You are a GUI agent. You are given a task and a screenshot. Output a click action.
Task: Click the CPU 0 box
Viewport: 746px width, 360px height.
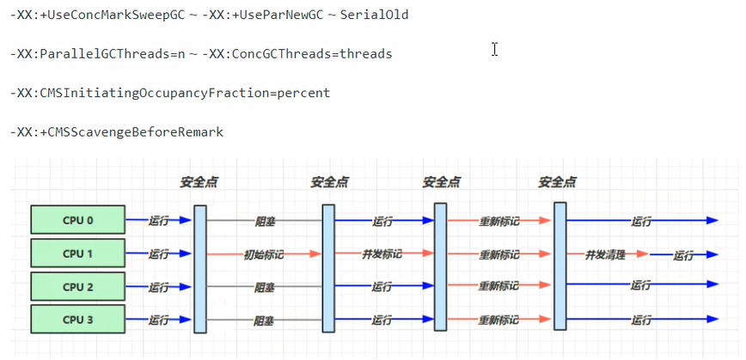coord(78,220)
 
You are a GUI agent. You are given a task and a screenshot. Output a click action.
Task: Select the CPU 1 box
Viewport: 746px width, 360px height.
coord(78,253)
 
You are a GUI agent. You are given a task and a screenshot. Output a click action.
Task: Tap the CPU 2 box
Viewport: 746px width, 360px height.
coord(78,286)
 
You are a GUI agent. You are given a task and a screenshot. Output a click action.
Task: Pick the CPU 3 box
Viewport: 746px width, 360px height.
coord(78,319)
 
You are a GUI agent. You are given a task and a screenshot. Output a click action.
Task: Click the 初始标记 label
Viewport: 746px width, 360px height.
coord(264,254)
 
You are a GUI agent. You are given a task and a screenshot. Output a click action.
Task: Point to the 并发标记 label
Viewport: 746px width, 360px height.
coord(382,254)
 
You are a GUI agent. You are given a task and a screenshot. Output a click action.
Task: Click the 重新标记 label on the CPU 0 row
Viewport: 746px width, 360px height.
coord(498,221)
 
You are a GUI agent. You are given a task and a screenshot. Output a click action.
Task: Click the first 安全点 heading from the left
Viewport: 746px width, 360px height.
coord(199,183)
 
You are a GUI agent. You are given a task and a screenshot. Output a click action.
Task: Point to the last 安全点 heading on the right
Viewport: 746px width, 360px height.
coord(558,182)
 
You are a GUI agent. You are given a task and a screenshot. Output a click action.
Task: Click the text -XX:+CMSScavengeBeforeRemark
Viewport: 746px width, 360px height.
coord(117,132)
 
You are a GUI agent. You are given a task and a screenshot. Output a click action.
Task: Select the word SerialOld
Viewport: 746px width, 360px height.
coord(375,15)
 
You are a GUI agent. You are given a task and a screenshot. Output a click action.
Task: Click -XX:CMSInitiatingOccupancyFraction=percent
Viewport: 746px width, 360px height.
coord(170,93)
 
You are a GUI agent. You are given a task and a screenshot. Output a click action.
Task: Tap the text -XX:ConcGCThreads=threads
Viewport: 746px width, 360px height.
coord(297,54)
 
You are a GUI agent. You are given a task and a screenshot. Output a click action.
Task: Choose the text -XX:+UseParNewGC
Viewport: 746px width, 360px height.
coord(263,15)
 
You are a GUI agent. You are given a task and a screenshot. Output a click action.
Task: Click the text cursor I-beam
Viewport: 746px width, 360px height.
coord(495,49)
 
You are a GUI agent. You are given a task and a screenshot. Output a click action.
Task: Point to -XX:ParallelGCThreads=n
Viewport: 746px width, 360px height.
coord(97,54)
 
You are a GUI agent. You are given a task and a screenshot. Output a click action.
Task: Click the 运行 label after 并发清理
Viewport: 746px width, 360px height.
coord(683,255)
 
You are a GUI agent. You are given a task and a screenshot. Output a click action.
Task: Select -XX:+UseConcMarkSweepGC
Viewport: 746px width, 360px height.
coord(97,15)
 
